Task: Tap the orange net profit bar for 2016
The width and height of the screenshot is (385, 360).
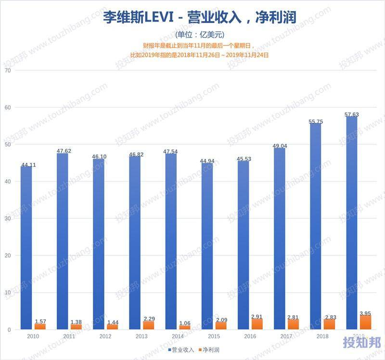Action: pyautogui.click(x=257, y=324)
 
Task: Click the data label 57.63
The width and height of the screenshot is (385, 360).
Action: pyautogui.click(x=352, y=114)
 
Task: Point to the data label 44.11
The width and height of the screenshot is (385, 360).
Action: pyautogui.click(x=28, y=165)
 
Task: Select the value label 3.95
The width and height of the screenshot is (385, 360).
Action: pyautogui.click(x=366, y=313)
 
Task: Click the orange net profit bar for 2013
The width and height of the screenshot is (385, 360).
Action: pyautogui.click(x=149, y=325)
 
